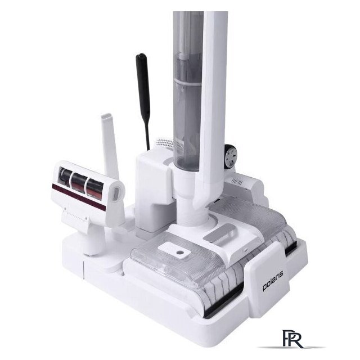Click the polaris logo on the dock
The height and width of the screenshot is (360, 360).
tap(273, 281)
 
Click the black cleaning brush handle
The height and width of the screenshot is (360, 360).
tap(143, 101)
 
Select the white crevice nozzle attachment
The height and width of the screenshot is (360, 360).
tap(110, 147)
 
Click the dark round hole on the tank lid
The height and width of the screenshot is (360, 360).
tap(180, 253)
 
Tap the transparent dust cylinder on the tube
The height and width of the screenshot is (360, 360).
tap(187, 92)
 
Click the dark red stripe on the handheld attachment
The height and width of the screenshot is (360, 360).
tap(79, 196)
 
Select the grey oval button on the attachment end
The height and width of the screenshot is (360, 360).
tap(116, 194)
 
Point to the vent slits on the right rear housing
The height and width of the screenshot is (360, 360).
tap(237, 182)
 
